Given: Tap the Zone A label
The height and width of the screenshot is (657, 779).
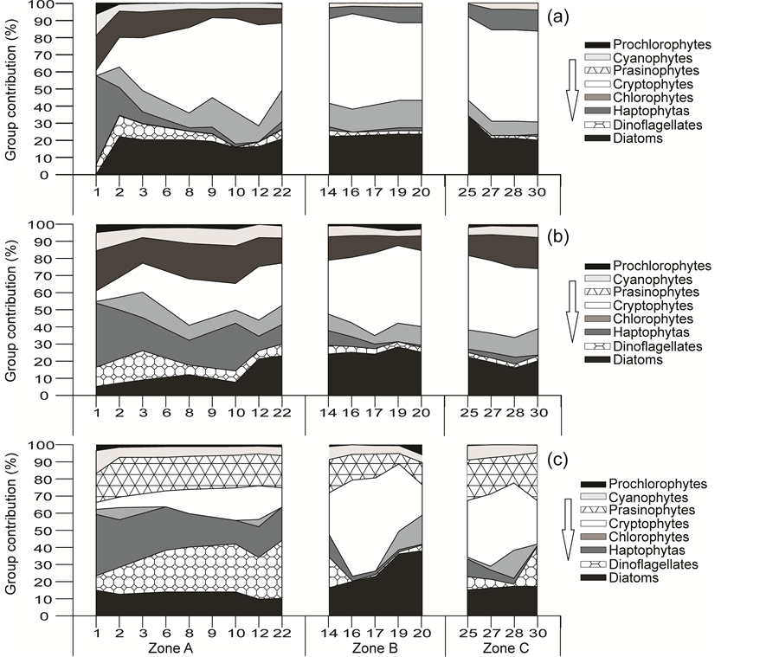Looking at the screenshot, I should [x=188, y=647].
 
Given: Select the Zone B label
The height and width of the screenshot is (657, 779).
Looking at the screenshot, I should [x=375, y=647].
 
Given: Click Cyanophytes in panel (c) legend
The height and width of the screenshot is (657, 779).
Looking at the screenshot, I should [x=648, y=498].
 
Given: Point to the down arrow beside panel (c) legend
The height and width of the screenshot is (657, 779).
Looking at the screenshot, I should [x=567, y=530].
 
